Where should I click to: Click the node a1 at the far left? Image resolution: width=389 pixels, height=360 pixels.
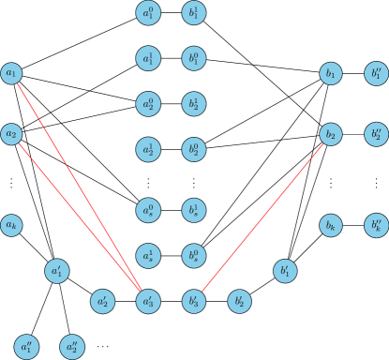point(11,73)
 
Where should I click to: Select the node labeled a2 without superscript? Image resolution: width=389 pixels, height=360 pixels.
point(11,134)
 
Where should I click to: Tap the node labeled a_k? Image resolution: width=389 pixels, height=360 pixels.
point(11,225)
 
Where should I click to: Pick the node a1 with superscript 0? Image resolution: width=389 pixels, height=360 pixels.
point(147,13)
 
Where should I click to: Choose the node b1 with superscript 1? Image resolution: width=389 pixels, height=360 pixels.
point(193,13)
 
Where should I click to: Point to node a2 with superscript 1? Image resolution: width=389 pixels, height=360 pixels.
point(147,149)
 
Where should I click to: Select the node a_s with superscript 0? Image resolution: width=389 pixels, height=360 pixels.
point(147,210)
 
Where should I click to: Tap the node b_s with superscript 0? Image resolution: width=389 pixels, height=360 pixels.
point(193,255)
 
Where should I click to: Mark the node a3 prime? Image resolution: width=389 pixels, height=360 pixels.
point(147,301)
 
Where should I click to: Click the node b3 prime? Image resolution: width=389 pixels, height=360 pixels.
point(193,301)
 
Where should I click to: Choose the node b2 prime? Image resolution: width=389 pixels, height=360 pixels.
point(239,301)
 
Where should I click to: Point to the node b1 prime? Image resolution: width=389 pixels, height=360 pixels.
point(285,271)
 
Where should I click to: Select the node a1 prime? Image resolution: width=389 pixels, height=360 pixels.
point(56,271)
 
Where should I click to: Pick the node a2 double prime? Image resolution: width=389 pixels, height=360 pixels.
point(72,347)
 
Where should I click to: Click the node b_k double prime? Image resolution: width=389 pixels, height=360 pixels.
point(376,225)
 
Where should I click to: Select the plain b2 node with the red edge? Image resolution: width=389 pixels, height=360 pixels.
point(330,134)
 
